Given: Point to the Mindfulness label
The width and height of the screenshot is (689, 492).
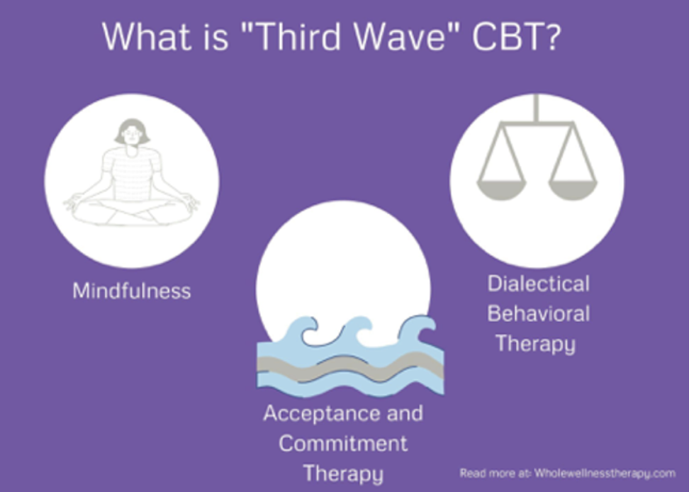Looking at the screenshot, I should point(131,291).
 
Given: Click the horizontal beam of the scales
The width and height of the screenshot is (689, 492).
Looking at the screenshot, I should point(537,124).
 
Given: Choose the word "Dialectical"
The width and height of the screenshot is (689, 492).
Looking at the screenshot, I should point(538,284).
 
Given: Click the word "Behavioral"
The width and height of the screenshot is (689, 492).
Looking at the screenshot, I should point(538,313).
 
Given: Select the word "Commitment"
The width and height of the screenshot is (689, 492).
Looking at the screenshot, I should point(343,444).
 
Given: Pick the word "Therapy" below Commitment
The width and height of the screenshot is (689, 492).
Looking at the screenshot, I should point(342,474).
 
